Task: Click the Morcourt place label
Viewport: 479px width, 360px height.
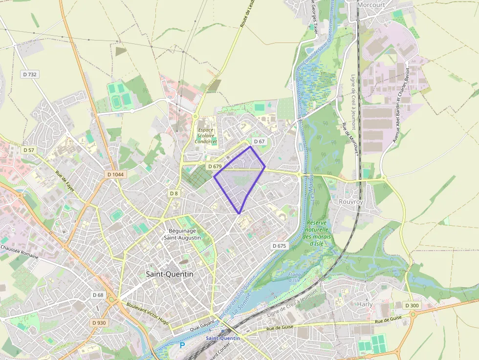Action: tap(371, 4)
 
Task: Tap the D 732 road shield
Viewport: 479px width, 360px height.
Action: tap(30, 74)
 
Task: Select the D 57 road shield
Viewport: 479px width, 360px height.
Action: tap(28, 149)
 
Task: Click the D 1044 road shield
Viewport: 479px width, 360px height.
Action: tap(115, 174)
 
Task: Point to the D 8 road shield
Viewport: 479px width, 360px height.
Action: tap(174, 193)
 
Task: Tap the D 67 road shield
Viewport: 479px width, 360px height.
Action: tap(259, 142)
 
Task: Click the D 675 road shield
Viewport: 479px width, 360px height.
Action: tap(279, 246)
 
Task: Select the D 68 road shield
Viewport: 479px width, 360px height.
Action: tap(98, 295)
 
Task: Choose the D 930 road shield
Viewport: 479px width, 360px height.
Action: tap(99, 323)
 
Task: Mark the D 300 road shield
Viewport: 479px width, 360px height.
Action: tap(412, 305)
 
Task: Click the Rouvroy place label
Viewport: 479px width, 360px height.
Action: tap(351, 201)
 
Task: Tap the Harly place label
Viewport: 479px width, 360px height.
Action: tap(365, 304)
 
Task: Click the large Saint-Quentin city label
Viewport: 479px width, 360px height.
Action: tap(170, 274)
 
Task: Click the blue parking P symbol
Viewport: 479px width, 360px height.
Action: tap(182, 345)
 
